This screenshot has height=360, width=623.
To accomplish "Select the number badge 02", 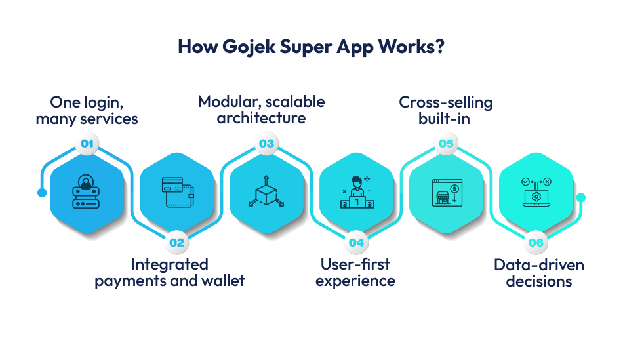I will pyautogui.click(x=176, y=242).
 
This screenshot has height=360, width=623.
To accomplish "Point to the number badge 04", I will pyautogui.click(x=356, y=242).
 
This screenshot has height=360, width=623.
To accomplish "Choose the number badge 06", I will pyautogui.click(x=536, y=242).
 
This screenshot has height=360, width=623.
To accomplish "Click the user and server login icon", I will pyautogui.click(x=87, y=193).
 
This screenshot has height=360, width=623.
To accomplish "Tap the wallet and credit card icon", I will pyautogui.click(x=176, y=193).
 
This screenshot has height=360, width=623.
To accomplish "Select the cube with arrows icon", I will pyautogui.click(x=266, y=193).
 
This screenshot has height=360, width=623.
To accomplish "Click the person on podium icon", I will pyautogui.click(x=356, y=193).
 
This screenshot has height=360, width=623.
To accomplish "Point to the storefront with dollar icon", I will pyautogui.click(x=446, y=193).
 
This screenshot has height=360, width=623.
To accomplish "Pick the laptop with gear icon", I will pyautogui.click(x=536, y=193).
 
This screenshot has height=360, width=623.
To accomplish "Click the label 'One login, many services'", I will pyautogui.click(x=87, y=110).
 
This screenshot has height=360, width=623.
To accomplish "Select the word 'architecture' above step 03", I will pyautogui.click(x=261, y=119).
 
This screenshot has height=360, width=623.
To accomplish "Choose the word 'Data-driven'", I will pyautogui.click(x=538, y=265).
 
